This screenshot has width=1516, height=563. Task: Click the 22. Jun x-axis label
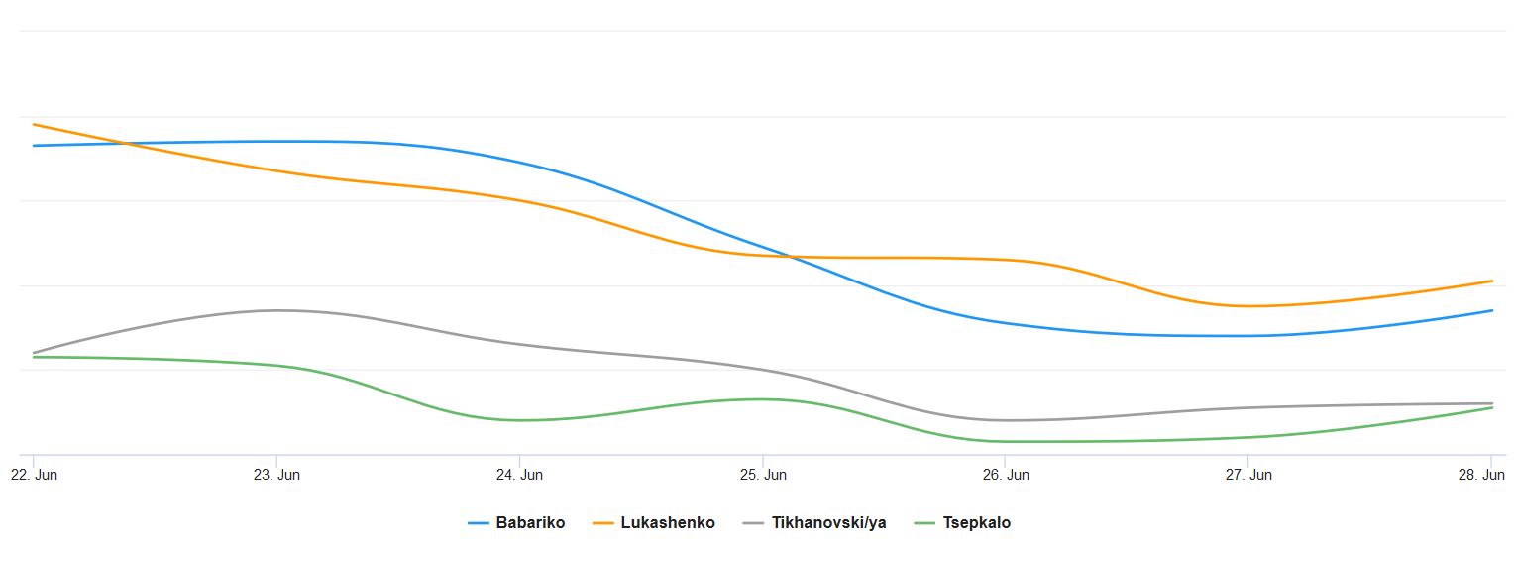coord(34,475)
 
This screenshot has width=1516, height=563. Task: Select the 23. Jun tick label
coord(276,475)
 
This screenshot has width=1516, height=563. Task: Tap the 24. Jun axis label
coord(519,475)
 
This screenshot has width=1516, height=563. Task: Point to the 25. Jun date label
coord(762,475)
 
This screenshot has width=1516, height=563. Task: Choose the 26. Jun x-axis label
coord(1005,475)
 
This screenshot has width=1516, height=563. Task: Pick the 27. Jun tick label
coord(1247,475)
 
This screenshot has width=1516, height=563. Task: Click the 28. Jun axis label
coord(1489,475)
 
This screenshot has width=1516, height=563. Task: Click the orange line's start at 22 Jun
coord(34,124)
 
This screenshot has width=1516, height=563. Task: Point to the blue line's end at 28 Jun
coord(1491,311)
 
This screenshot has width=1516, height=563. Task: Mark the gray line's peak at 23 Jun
coord(277,310)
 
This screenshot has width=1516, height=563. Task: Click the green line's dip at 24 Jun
coord(520,420)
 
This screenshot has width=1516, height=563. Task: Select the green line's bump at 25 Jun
coord(762,399)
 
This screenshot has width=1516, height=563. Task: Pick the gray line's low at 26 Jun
coord(1005,420)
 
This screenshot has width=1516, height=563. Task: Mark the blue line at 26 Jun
coord(1005,323)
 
